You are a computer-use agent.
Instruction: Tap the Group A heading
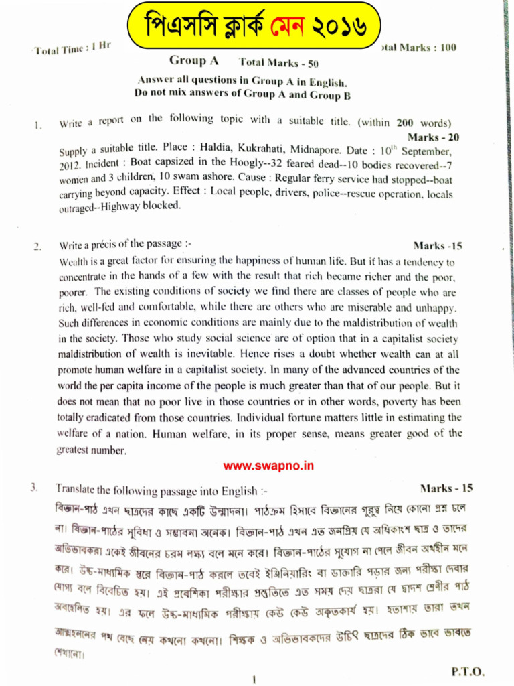click(194, 61)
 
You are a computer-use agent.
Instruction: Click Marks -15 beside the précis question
click(438, 246)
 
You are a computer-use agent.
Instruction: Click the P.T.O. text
click(468, 671)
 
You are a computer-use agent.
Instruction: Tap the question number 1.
click(39, 125)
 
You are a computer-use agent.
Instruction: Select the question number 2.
click(38, 247)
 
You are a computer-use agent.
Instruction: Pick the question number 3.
click(34, 488)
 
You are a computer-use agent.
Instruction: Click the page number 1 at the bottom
click(255, 679)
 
